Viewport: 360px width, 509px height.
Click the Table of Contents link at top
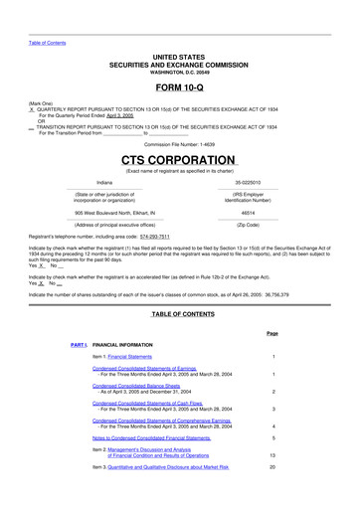click(46, 43)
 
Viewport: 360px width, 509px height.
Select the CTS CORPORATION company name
click(179, 160)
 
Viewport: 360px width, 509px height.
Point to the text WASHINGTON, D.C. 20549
click(179, 73)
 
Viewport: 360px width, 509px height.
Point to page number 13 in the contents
click(271, 453)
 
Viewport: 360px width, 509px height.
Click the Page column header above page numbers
click(271, 333)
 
